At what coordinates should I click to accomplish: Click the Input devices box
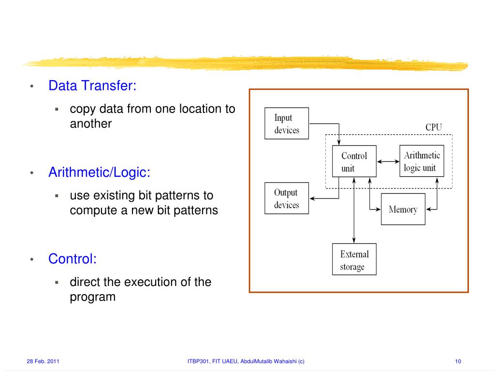[287, 124]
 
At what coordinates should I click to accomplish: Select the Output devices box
[287, 199]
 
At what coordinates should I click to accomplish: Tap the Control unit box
[354, 162]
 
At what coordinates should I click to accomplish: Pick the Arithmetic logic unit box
[422, 161]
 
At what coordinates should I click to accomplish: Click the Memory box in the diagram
[403, 209]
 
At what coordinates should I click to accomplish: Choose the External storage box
[354, 260]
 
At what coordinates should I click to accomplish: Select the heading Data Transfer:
[92, 86]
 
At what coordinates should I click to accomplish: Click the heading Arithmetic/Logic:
[99, 172]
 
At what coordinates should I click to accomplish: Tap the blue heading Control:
[73, 259]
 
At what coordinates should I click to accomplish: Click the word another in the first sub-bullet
[91, 124]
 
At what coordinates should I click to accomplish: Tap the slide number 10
[458, 361]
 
